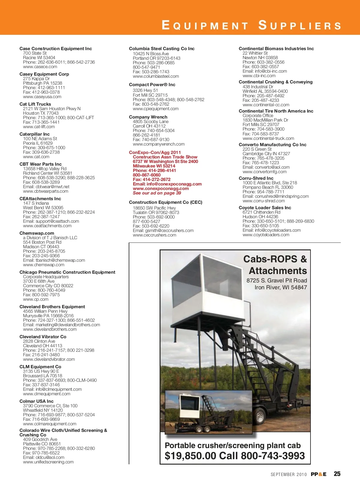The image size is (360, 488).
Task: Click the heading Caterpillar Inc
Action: point(34,134)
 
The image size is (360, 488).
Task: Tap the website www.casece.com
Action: point(40,67)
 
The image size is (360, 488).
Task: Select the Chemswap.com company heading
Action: point(37,233)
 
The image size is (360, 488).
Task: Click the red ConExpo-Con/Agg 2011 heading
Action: point(155,152)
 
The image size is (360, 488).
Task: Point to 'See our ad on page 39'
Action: point(157,193)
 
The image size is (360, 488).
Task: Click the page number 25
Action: point(337,474)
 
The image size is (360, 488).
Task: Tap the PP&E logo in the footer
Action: point(318,474)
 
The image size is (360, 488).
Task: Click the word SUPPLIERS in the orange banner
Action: point(300,25)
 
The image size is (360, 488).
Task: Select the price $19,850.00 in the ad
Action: point(190,456)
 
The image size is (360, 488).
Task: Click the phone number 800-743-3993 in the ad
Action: point(273,456)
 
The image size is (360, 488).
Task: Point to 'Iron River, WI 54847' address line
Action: point(281,287)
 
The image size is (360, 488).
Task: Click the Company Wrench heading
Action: point(148,117)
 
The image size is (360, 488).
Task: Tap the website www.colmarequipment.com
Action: point(49,424)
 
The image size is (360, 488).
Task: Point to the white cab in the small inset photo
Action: point(190,405)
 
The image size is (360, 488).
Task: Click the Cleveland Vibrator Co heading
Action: point(43,337)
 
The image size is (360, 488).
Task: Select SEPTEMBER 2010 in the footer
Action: point(289,474)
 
